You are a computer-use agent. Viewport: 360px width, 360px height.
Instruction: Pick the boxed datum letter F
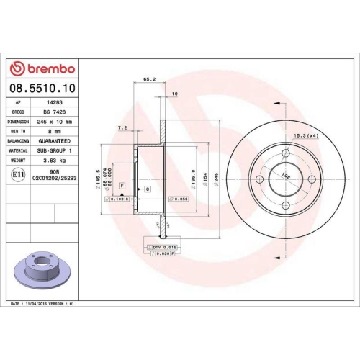click(x=122, y=186)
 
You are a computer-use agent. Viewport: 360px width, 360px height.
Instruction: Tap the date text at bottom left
click(x=43, y=305)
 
